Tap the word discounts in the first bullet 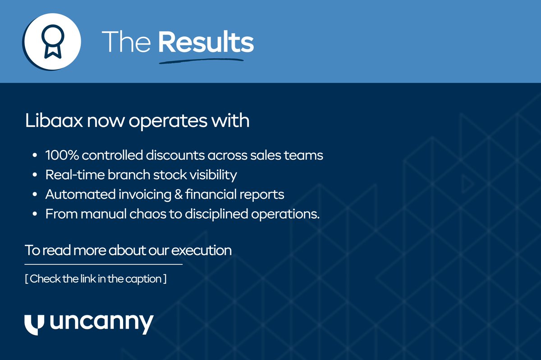[172, 155]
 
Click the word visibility [211, 175]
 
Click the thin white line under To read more [104, 264]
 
